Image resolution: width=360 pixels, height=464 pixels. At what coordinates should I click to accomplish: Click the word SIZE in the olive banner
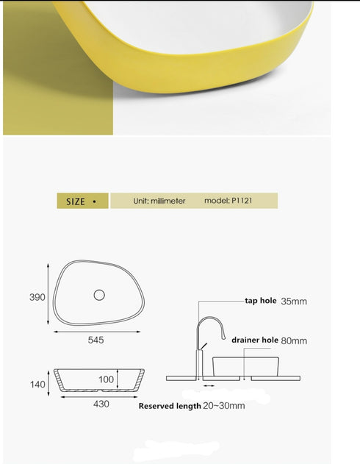click(x=76, y=201)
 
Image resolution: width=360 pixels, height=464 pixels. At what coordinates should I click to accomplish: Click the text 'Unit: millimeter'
click(x=159, y=201)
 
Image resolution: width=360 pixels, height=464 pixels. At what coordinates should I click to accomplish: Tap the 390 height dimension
click(x=37, y=298)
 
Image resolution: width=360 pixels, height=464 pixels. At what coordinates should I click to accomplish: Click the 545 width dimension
click(x=96, y=340)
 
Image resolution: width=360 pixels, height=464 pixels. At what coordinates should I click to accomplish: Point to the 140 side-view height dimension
click(x=37, y=384)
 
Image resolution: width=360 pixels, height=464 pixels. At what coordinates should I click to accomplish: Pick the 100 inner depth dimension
click(x=106, y=379)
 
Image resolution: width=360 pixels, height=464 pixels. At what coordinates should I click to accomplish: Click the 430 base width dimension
click(x=101, y=404)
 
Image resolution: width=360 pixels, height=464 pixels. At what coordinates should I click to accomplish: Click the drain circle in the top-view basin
click(x=99, y=295)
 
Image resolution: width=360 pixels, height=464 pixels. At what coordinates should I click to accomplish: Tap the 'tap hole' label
click(x=260, y=301)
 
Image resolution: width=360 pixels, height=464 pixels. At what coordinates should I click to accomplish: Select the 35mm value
click(x=293, y=301)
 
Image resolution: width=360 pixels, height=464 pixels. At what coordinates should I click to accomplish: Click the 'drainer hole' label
click(x=255, y=340)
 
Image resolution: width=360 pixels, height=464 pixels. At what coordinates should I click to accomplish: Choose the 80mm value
click(x=293, y=340)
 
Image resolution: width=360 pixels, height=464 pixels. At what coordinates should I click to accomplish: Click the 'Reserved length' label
click(x=170, y=406)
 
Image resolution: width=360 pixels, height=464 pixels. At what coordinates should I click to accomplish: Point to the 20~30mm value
click(x=224, y=406)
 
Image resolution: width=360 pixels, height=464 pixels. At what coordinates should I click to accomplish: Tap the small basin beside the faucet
click(x=245, y=365)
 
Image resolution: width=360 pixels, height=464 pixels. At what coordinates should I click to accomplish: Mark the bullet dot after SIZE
click(x=94, y=201)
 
